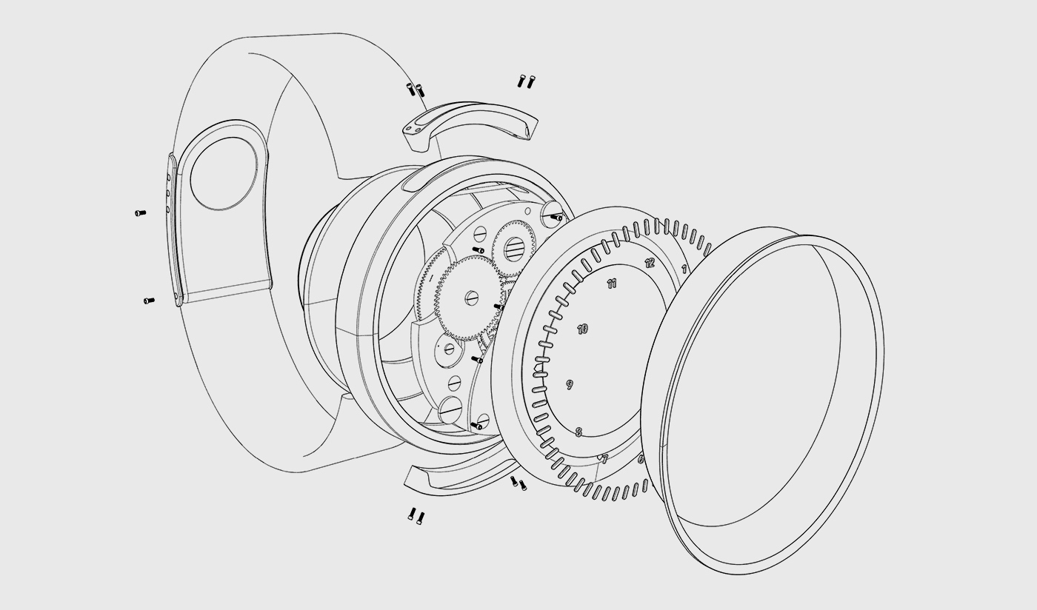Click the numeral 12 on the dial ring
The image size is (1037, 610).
click(650, 263)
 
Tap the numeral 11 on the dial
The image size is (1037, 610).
click(612, 284)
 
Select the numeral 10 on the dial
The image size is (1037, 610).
click(583, 329)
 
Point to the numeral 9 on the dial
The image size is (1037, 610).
click(570, 384)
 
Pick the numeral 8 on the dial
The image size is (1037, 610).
click(578, 432)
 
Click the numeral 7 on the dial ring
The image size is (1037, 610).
click(604, 460)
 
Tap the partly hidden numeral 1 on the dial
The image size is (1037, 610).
click(684, 269)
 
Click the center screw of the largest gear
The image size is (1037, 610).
click(473, 298)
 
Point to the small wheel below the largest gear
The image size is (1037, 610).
click(449, 348)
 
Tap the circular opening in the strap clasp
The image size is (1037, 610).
click(225, 173)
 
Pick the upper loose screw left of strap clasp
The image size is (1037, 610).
click(140, 213)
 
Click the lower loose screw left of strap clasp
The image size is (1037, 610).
click(149, 301)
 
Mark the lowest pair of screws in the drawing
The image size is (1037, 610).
click(416, 515)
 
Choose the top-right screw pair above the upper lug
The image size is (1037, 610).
click(526, 81)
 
